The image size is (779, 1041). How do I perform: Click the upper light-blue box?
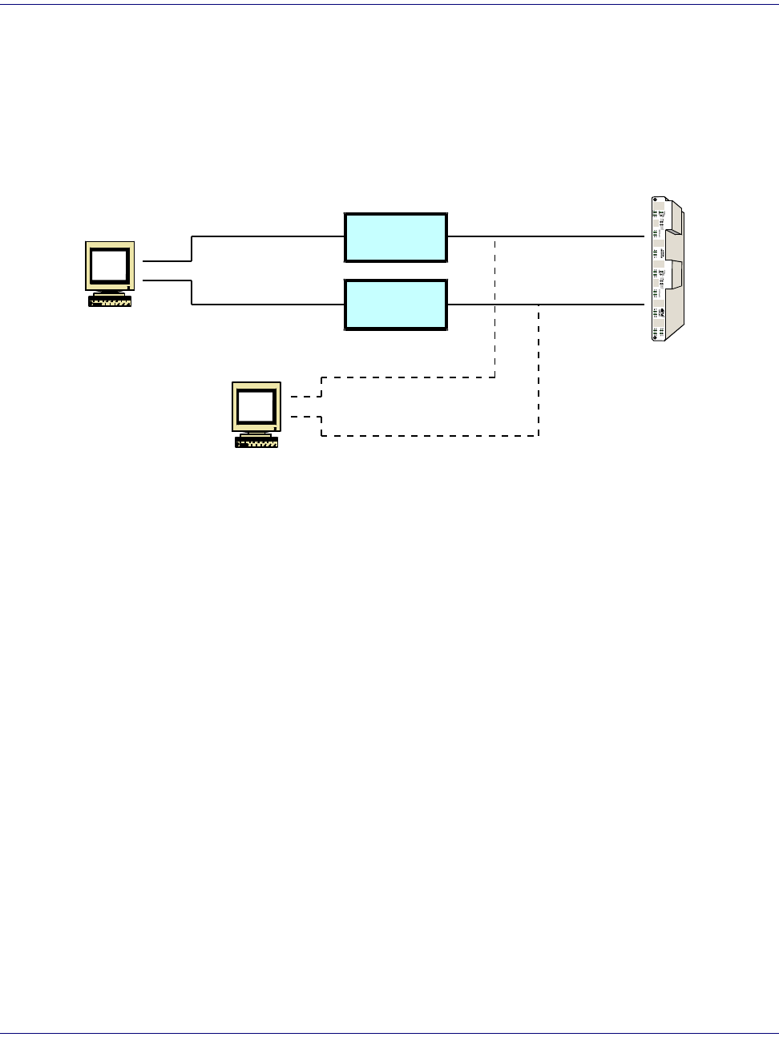coord(395,237)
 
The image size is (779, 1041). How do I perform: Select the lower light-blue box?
coord(395,305)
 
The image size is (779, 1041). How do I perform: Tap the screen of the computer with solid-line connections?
coord(109,264)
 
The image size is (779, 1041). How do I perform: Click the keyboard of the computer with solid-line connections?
coord(111,301)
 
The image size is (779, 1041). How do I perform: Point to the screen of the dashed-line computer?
coord(256,406)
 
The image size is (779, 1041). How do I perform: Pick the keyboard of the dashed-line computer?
coord(256,442)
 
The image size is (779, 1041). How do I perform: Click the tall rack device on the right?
coord(668,269)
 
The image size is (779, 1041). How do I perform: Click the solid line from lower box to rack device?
coord(593,305)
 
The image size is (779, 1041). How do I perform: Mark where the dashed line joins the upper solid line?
coord(494,236)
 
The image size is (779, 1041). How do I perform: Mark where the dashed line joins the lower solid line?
coord(539,305)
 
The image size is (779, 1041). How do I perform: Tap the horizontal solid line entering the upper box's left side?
coord(268,236)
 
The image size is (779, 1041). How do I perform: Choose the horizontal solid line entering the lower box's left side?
coord(268,305)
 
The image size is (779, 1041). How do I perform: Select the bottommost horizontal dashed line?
coord(430,436)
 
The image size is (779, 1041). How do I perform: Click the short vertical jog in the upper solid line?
coord(192,248)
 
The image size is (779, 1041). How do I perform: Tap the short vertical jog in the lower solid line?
coord(192,293)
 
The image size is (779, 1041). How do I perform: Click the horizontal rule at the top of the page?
coord(389,5)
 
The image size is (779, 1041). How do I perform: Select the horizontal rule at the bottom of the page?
coord(389,1034)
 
